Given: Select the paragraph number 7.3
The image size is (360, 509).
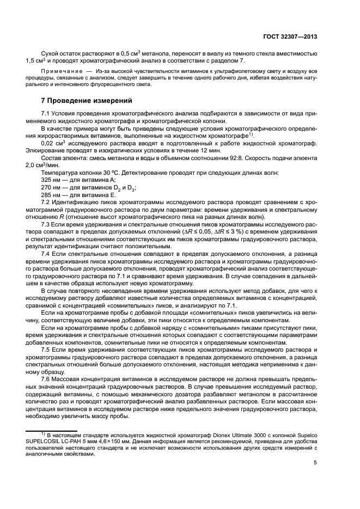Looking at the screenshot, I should coord(46,224).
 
